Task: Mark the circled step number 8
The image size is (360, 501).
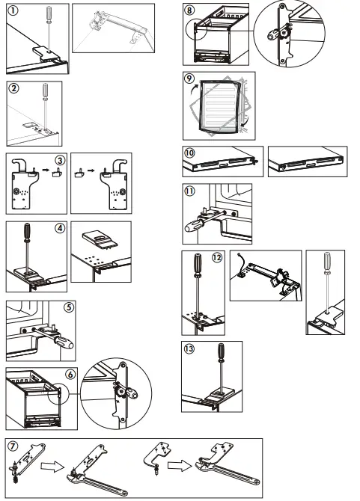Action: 189,10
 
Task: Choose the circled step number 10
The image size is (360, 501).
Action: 191,152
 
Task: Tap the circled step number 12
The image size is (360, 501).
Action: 217,258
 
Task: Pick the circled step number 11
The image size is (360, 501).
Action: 192,191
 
